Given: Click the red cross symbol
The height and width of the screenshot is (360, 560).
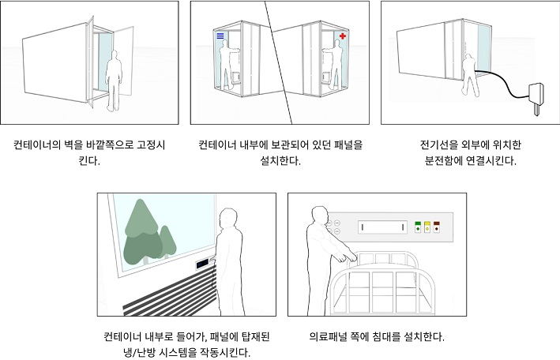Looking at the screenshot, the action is [x=343, y=36].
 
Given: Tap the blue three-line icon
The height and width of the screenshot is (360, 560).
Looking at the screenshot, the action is [x=220, y=36].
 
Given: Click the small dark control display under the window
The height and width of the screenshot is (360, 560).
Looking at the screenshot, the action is [x=202, y=264].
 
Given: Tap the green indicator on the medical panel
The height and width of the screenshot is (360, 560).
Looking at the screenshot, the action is [x=418, y=227].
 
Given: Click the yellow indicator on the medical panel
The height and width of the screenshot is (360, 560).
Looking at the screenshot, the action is [x=427, y=227].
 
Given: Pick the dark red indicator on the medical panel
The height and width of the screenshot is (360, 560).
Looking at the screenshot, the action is [x=437, y=227].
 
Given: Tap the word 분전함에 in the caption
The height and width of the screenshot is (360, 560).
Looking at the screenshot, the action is [x=444, y=161].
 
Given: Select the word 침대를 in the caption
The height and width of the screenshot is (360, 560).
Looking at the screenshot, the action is [x=386, y=336].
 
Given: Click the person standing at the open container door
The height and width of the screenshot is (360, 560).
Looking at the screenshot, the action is [x=114, y=81].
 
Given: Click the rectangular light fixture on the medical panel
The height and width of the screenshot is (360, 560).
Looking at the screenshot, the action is [x=382, y=227].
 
